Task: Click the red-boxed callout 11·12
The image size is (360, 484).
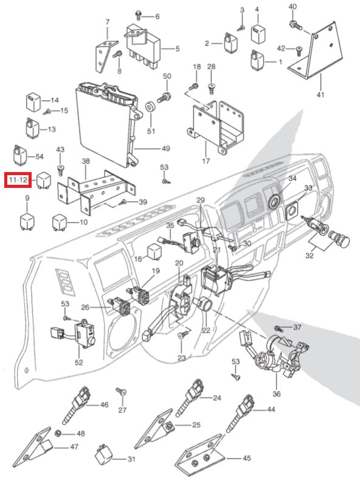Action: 18,180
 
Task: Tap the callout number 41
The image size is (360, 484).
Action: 320,94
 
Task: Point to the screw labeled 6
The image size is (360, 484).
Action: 139,15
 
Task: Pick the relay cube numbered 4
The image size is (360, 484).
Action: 257,33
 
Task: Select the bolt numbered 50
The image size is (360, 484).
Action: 164,97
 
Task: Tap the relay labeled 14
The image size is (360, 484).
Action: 33,101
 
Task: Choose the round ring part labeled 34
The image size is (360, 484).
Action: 274,201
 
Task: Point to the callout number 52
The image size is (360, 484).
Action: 78,362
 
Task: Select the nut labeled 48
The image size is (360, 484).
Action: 57,434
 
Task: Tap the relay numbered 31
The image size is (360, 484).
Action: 103,455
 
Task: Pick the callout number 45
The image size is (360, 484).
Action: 246,458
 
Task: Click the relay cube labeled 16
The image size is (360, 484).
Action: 154,251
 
